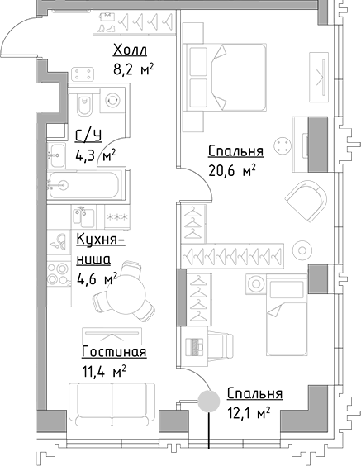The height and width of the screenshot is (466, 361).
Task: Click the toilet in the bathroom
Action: [83, 107]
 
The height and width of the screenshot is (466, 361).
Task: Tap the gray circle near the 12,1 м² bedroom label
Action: [207, 401]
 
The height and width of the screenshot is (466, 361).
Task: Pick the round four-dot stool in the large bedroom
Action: [283, 146]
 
